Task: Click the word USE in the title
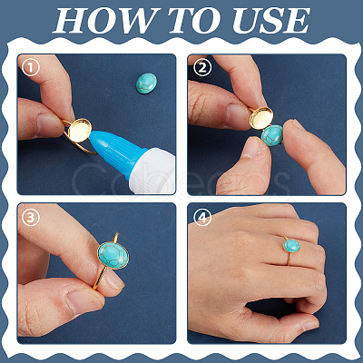point(270,20)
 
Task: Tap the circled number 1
point(31,68)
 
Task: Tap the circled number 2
point(202,68)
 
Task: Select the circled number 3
point(31,218)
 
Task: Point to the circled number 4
point(202,218)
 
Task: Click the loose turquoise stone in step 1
point(146,83)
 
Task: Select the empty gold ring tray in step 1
point(80,130)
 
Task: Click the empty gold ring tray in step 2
point(261,118)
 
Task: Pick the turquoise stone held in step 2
point(272,135)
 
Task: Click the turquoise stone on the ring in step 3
point(113,255)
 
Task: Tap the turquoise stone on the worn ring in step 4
point(292,245)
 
